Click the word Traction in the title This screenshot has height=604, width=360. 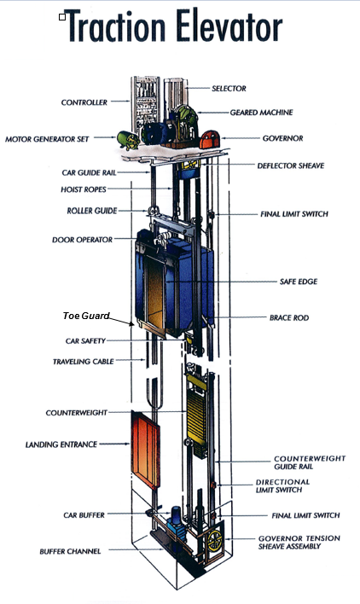pyautogui.click(x=119, y=29)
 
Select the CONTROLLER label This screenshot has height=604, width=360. pyautogui.click(x=84, y=102)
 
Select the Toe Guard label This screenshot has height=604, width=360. pyautogui.click(x=86, y=316)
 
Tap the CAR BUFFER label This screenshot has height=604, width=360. pyautogui.click(x=88, y=514)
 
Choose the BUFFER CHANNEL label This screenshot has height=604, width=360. pyautogui.click(x=72, y=551)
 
